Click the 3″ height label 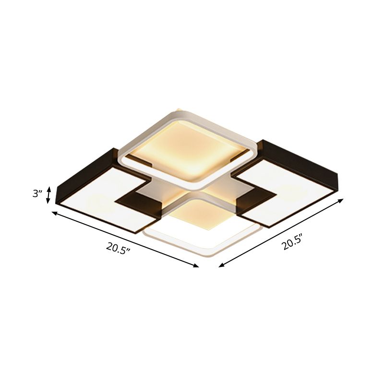pyautogui.click(x=37, y=194)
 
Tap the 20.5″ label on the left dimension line pyautogui.click(x=119, y=248)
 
